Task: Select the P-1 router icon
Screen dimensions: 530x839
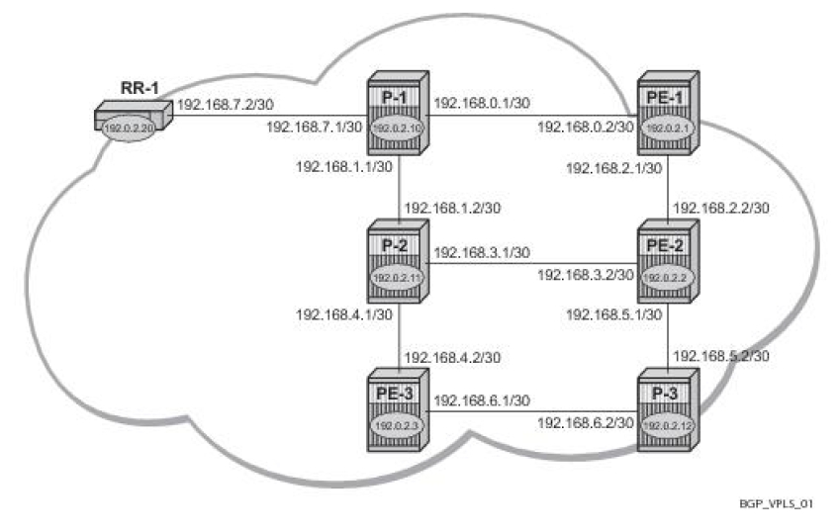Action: coord(398,115)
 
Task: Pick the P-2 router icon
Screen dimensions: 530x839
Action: coord(398,262)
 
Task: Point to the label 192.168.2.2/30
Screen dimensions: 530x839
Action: coord(721,208)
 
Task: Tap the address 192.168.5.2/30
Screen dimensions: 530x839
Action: coord(721,355)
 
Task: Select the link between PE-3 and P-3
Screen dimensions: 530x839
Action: coord(534,410)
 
